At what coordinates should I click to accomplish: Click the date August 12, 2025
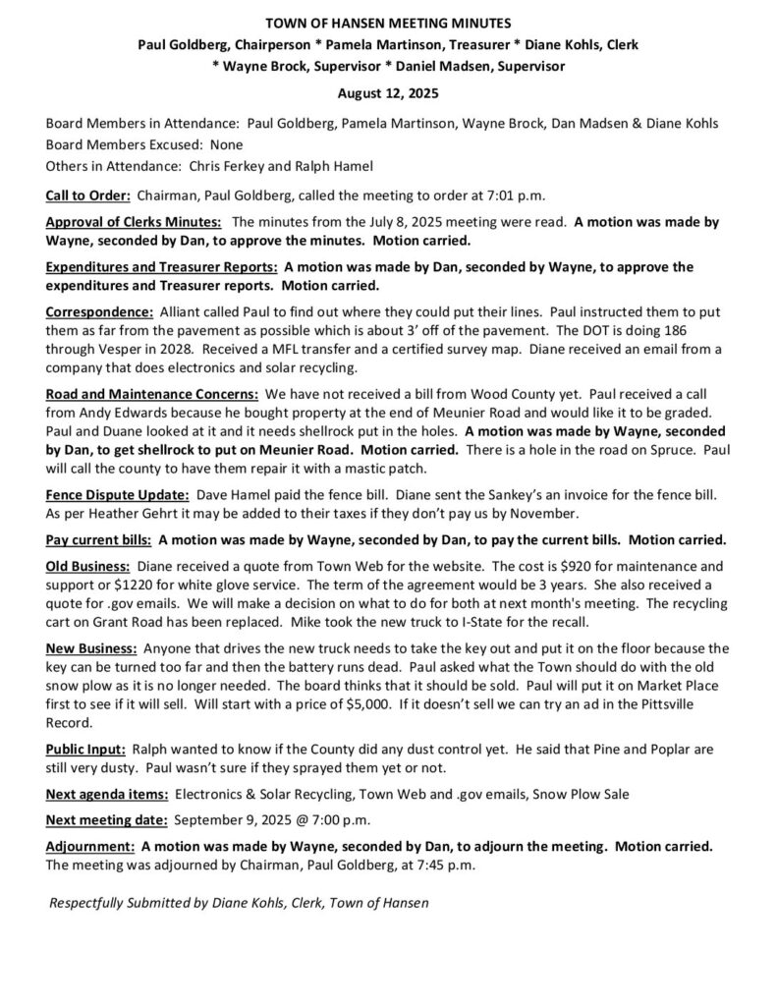point(388,94)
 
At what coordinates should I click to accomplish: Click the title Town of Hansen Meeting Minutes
point(388,22)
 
